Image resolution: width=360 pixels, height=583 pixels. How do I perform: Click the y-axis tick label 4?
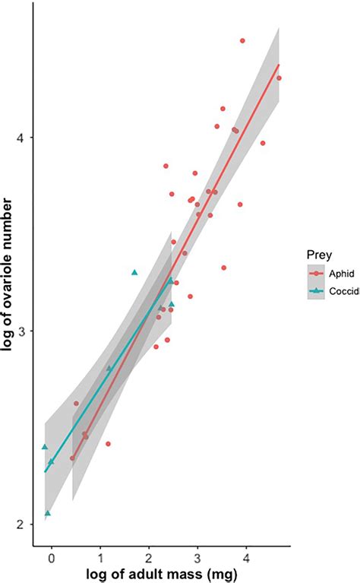23,138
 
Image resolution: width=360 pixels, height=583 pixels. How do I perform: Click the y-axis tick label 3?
23,332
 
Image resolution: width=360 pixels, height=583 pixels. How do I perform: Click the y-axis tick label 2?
23,525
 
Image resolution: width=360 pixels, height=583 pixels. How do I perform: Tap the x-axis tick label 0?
52,557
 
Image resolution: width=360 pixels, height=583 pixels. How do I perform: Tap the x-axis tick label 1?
100,557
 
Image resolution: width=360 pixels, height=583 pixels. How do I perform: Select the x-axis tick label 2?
149,557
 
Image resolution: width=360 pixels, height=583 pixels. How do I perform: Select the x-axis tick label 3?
197,557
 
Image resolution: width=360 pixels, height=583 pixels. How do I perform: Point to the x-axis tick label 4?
246,557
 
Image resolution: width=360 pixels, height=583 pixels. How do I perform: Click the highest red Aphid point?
242,40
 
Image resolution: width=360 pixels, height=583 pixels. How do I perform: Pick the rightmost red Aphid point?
279,78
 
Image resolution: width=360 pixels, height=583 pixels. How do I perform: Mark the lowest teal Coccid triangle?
48,513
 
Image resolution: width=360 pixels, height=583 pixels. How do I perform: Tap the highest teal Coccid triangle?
134,271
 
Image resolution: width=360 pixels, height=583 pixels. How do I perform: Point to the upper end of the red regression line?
279,65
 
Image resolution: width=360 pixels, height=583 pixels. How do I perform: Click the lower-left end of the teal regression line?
45,472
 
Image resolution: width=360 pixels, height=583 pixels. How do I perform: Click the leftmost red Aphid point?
73,458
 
